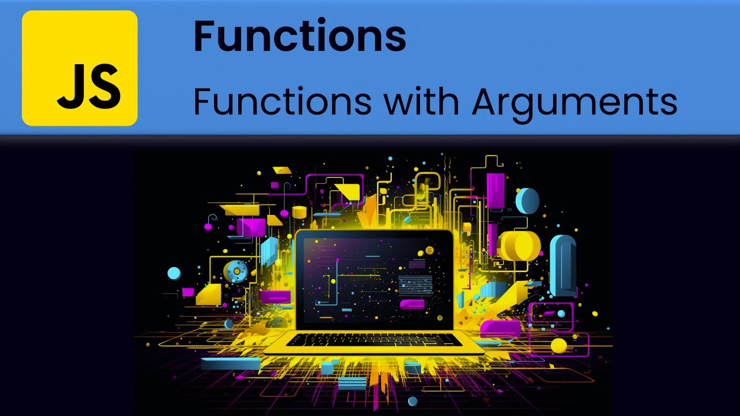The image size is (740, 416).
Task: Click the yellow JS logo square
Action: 80,68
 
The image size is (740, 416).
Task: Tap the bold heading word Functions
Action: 299,36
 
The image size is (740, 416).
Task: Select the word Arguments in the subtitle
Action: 574,102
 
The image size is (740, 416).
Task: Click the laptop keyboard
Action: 374,340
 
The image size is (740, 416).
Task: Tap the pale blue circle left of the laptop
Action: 174,273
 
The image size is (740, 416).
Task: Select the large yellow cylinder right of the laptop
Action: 519,244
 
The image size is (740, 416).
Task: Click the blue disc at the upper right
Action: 527,200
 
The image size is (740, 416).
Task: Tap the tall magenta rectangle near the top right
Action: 495,190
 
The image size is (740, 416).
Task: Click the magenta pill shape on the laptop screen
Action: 412,304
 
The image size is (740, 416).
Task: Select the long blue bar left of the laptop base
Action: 231,363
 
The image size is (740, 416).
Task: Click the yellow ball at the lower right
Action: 558,346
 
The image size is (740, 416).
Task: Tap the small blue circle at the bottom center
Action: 412,401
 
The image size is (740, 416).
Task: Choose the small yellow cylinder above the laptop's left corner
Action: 299,212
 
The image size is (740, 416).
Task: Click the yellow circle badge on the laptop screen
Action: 429,250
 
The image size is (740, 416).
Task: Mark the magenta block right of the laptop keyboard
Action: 500,328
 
